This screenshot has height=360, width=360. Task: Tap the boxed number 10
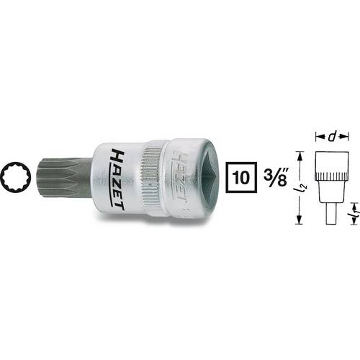click(x=242, y=176)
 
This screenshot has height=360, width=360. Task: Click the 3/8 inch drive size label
click(x=274, y=176)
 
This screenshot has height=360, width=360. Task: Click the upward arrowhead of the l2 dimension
click(x=301, y=153)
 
